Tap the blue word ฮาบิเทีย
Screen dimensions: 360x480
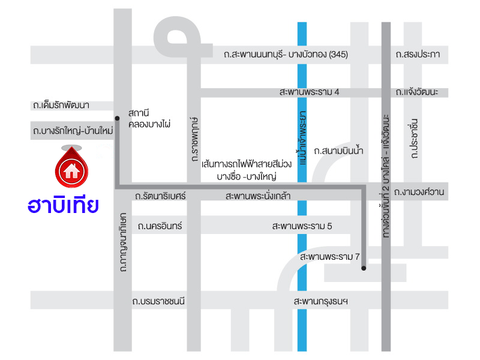tap(64, 206)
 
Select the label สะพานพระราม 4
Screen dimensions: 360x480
tap(309, 92)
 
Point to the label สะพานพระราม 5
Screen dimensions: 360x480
tap(302, 226)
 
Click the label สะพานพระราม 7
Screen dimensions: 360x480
tap(329, 257)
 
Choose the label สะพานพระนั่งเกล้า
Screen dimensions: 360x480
tap(259, 196)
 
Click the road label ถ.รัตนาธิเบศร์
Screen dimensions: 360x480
tap(161, 196)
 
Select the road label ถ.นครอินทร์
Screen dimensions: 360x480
tap(160, 226)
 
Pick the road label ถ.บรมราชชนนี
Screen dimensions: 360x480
tap(162, 301)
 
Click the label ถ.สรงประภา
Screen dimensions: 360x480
tap(418, 55)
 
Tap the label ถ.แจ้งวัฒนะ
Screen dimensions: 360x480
tap(417, 92)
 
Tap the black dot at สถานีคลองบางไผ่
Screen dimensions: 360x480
tap(118, 117)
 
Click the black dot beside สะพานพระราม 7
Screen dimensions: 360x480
tap(364, 268)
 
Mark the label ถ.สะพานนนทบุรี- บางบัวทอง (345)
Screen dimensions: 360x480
tap(286, 55)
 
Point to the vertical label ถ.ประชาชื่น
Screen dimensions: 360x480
tap(414, 139)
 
